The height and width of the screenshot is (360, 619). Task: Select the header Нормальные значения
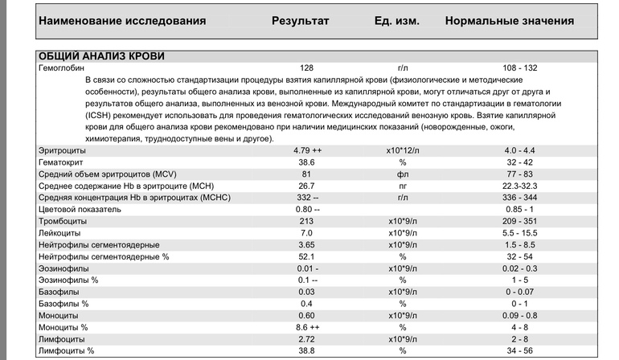pyautogui.click(x=509, y=20)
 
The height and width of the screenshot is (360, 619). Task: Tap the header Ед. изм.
pyautogui.click(x=396, y=20)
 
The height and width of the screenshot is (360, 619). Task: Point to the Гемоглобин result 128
pyautogui.click(x=306, y=69)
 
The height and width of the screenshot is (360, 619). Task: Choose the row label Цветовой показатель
pyautogui.click(x=79, y=208)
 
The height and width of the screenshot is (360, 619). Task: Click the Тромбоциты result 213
pyautogui.click(x=306, y=220)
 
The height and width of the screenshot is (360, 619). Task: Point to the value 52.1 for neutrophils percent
pyautogui.click(x=306, y=256)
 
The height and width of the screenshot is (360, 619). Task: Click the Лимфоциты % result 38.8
pyautogui.click(x=306, y=350)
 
